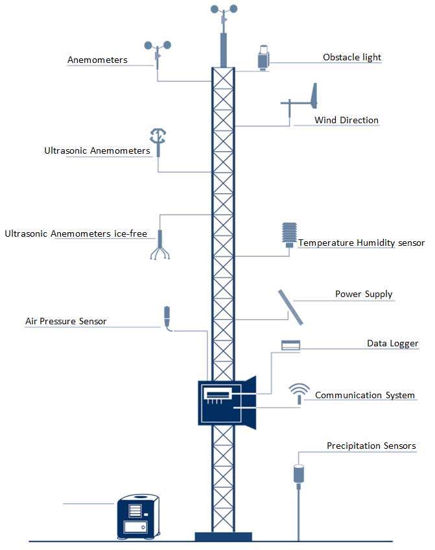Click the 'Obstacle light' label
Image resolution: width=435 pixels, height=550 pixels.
point(352,57)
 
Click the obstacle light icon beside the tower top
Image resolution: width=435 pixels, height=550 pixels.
point(264,58)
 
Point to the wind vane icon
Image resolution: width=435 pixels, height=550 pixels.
point(304,101)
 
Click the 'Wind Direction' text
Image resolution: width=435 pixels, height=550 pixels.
point(346,120)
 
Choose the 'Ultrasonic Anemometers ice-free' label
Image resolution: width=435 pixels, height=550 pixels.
point(76,233)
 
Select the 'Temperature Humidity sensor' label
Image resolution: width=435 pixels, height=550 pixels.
point(361,243)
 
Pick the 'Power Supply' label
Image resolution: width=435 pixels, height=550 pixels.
point(364,294)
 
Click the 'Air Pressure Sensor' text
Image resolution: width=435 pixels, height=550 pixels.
point(65,321)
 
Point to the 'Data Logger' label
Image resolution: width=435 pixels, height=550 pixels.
point(392,343)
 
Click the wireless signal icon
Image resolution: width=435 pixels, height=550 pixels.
point(299,392)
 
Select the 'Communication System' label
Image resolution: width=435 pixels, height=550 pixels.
point(364,395)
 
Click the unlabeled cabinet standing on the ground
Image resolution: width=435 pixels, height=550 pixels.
point(138,516)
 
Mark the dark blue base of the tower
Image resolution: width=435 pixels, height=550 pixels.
point(223,536)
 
